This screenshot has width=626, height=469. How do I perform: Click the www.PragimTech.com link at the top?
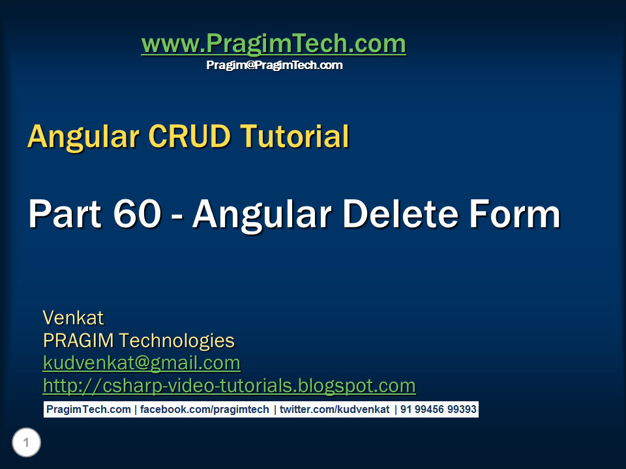point(273,44)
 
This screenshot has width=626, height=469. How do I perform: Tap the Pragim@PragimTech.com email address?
point(274,65)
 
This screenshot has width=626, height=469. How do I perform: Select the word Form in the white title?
point(519,214)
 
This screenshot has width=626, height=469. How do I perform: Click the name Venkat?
point(73,318)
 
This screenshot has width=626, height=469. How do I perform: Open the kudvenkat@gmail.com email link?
point(142,363)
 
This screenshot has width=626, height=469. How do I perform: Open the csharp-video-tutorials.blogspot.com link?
point(229,386)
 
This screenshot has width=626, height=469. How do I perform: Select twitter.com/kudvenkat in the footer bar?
point(335,410)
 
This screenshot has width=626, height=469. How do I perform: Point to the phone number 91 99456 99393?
point(438,410)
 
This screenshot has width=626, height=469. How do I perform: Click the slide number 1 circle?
point(26,444)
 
